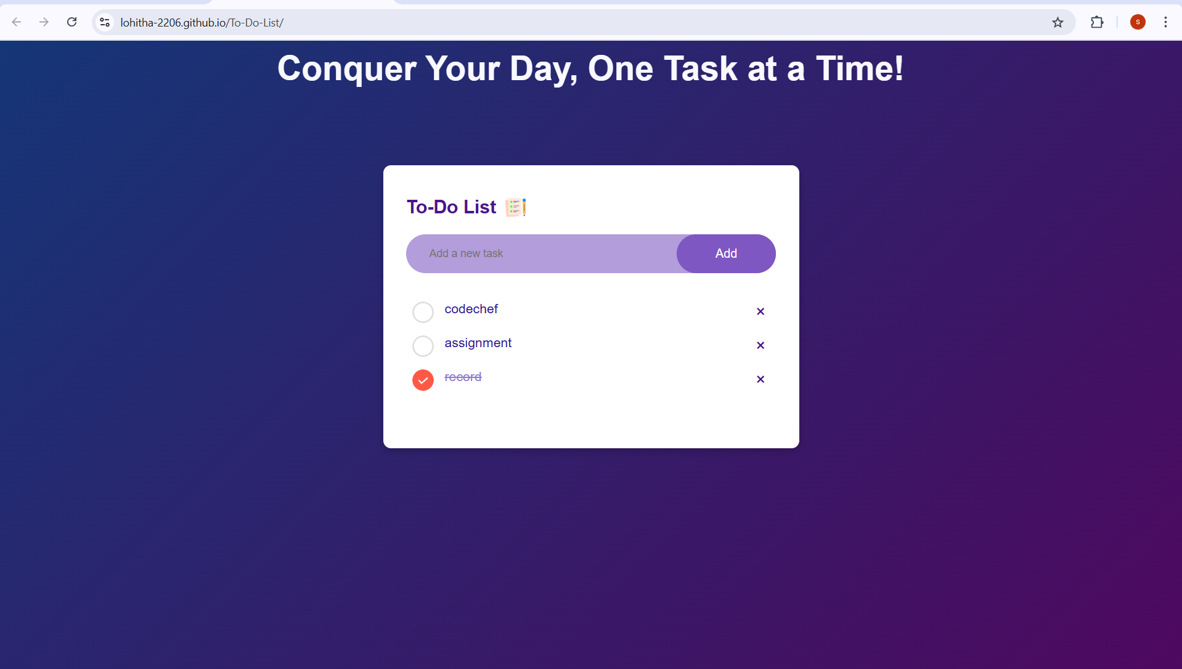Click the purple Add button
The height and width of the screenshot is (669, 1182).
pyautogui.click(x=726, y=253)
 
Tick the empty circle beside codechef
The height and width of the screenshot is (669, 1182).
pyautogui.click(x=423, y=312)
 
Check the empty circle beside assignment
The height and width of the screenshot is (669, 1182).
pyautogui.click(x=423, y=346)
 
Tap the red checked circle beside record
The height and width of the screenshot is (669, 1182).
pyautogui.click(x=423, y=380)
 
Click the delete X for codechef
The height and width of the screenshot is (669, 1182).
pyautogui.click(x=760, y=311)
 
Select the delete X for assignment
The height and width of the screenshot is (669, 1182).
pyautogui.click(x=760, y=345)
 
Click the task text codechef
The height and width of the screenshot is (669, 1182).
pyautogui.click(x=471, y=309)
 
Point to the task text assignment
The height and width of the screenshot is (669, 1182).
pyautogui.click(x=478, y=343)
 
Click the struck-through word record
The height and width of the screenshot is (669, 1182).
pyautogui.click(x=463, y=377)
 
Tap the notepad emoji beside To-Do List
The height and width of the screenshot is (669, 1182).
pyautogui.click(x=516, y=207)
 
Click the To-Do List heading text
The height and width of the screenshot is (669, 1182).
pyautogui.click(x=451, y=207)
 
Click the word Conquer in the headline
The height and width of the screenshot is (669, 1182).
pyautogui.click(x=347, y=68)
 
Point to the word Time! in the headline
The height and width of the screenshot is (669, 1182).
pyautogui.click(x=860, y=68)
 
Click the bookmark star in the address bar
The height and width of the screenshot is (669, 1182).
pyautogui.click(x=1058, y=23)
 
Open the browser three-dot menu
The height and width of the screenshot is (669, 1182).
pyautogui.click(x=1165, y=23)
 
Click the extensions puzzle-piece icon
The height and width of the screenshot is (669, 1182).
pyautogui.click(x=1097, y=23)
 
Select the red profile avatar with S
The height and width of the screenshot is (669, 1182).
pyautogui.click(x=1138, y=23)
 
